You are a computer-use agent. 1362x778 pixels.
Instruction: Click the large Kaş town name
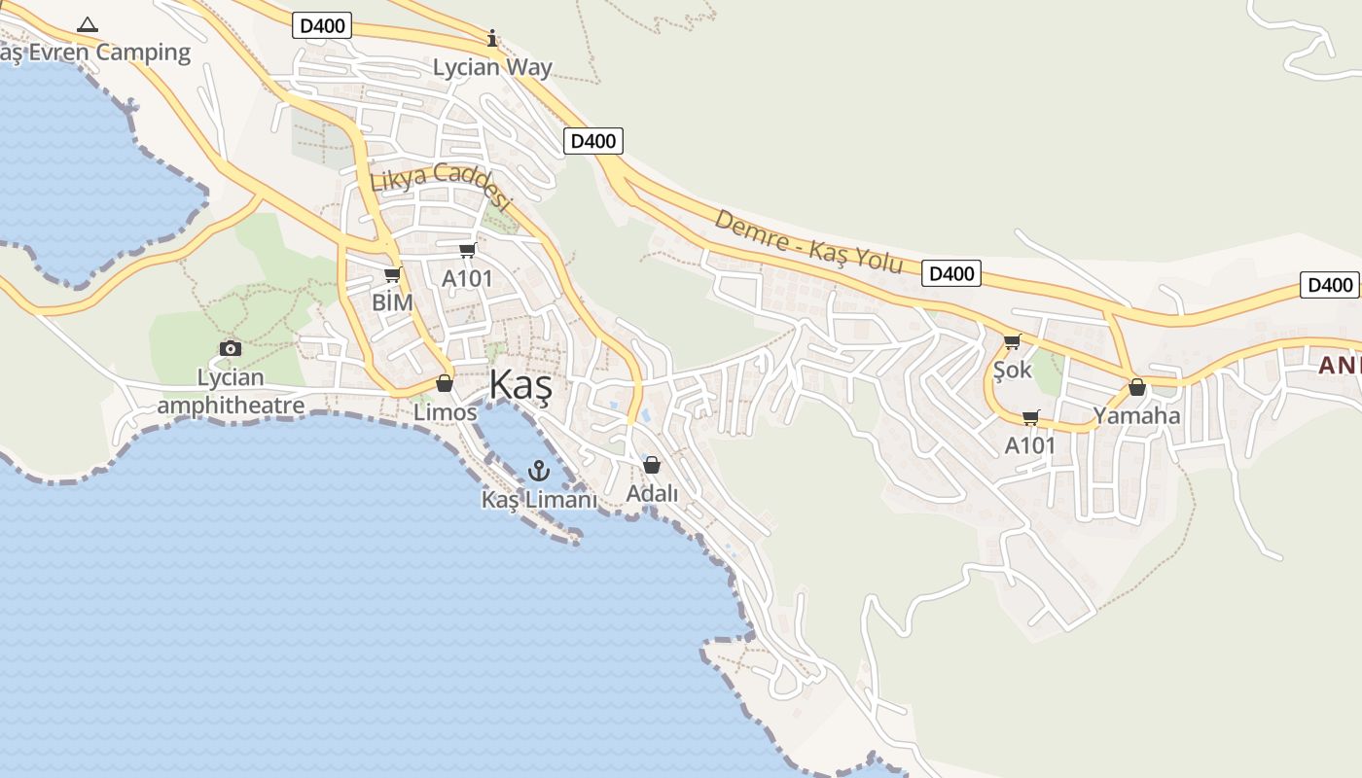(520, 385)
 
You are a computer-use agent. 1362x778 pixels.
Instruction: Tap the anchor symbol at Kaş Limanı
(539, 472)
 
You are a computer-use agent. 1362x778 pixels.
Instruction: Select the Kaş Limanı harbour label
(539, 500)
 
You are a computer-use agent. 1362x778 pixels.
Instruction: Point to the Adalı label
(652, 494)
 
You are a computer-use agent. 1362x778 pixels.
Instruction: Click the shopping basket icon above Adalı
(652, 465)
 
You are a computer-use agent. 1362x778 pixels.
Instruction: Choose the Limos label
(446, 412)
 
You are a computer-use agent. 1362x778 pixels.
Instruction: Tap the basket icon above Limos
(445, 383)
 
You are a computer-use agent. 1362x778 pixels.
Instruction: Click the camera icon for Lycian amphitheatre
(231, 348)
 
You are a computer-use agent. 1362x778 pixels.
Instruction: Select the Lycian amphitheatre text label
(231, 391)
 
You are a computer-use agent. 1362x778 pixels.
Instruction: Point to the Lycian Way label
(492, 68)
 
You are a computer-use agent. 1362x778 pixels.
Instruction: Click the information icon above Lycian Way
(492, 39)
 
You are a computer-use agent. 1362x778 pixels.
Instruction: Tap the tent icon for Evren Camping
(88, 24)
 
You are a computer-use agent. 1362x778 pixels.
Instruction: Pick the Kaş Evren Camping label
(95, 53)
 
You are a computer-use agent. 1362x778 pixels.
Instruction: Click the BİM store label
(393, 302)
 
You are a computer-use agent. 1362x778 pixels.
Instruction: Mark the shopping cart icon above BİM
(393, 275)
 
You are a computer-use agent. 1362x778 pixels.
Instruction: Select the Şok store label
(1012, 371)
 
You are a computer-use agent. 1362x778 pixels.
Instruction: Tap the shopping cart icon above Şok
(1012, 341)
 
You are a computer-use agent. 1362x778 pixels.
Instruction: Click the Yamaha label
(1136, 416)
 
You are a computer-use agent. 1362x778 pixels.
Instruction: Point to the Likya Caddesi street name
(441, 186)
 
